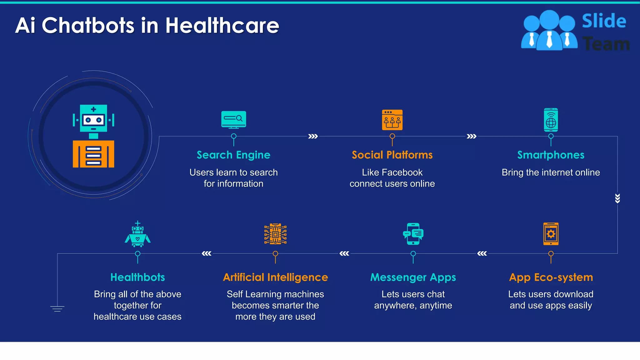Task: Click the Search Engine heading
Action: tap(233, 155)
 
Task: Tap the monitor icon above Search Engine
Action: tap(233, 119)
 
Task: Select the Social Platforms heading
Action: tap(392, 155)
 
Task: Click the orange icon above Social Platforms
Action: tap(392, 120)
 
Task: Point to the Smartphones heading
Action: tap(551, 155)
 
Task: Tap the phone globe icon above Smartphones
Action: tap(551, 120)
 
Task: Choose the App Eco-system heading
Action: tap(551, 277)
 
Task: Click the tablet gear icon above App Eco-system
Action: tap(551, 234)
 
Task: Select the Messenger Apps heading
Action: tap(413, 277)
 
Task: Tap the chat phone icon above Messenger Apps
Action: tap(413, 234)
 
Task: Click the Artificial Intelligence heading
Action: tap(275, 277)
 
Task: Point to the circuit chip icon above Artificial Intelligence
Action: tap(275, 234)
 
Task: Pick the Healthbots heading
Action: tap(137, 277)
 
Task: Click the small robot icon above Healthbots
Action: tap(137, 234)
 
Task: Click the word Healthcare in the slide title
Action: tap(222, 26)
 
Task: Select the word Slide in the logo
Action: tap(604, 21)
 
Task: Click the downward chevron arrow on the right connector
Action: tap(617, 198)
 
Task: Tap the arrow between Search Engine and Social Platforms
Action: tap(313, 136)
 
